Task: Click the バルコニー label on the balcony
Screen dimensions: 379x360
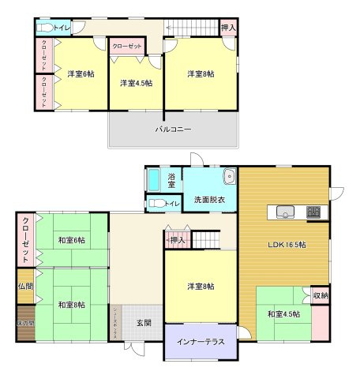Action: point(173,129)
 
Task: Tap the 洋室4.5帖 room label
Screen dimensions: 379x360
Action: point(135,82)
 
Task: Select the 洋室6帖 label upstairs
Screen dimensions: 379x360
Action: point(80,73)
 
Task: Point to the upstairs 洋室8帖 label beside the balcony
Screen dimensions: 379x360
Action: point(201,74)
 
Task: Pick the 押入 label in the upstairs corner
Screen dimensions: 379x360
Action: point(229,28)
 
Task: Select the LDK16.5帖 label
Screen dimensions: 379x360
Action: point(286,243)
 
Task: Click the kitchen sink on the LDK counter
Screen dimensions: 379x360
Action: point(286,211)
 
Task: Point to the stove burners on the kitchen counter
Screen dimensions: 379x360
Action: point(314,211)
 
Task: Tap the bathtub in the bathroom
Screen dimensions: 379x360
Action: point(154,181)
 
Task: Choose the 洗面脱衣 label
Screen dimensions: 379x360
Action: point(210,200)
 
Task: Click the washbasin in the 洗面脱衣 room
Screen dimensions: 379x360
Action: point(229,176)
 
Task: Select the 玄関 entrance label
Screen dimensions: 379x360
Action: point(143,323)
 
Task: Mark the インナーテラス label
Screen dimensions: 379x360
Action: point(201,342)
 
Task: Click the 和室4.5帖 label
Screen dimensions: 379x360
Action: point(284,315)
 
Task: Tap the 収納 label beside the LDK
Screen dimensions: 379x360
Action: point(321,295)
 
